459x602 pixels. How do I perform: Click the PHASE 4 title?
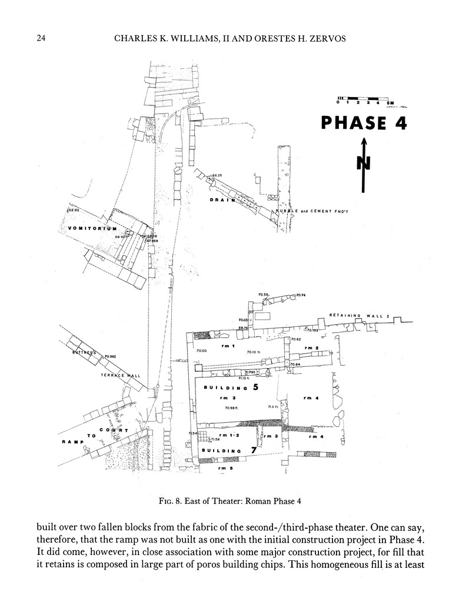pyautogui.click(x=364, y=123)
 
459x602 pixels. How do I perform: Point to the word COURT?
pyautogui.click(x=114, y=432)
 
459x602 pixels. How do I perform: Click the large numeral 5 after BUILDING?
pyautogui.click(x=255, y=387)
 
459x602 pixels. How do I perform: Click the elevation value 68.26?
pyautogui.click(x=217, y=175)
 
